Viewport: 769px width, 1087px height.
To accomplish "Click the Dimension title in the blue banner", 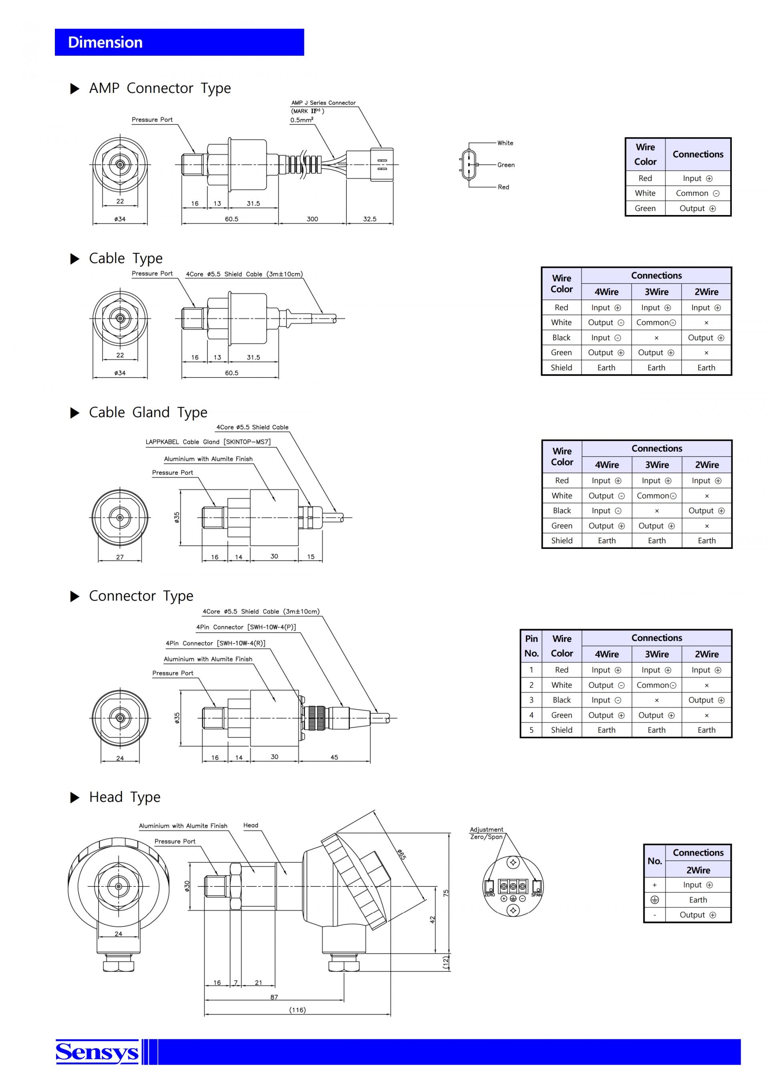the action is [x=105, y=42].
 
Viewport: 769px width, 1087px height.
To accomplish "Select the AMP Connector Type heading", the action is [x=160, y=88].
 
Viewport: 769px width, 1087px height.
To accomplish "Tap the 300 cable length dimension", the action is [x=312, y=219].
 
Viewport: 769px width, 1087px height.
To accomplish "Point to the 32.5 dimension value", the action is [x=370, y=219].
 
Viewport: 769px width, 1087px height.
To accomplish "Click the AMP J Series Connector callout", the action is [x=323, y=103].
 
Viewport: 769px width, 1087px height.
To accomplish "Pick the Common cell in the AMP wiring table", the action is [x=697, y=193].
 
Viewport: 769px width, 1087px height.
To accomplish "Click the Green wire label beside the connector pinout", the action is [x=506, y=165].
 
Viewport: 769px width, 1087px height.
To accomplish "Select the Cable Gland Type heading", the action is [x=148, y=412].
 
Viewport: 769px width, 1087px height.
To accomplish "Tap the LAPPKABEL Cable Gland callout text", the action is [x=208, y=442].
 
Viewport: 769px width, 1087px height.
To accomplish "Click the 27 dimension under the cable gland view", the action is [x=120, y=557].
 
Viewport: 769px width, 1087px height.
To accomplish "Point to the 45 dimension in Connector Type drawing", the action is [x=334, y=757].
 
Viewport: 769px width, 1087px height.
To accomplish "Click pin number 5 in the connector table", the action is [x=531, y=730].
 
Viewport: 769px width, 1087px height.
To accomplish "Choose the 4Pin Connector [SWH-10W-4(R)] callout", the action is [x=215, y=643].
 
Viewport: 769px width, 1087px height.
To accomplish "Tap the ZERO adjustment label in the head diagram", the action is [x=489, y=895].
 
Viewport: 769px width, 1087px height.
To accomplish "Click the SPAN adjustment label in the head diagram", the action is [x=537, y=895].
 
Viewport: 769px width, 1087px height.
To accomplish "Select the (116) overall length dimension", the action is [x=297, y=1010].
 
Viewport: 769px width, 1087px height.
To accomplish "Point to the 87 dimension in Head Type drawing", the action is [x=274, y=997].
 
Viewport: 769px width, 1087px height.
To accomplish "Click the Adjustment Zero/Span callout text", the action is [x=486, y=833].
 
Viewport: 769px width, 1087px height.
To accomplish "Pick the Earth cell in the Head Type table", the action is [x=698, y=900].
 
